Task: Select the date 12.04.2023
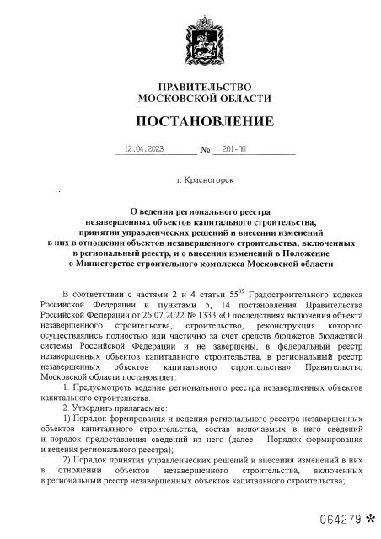tap(143, 149)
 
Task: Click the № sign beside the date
tap(204, 151)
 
